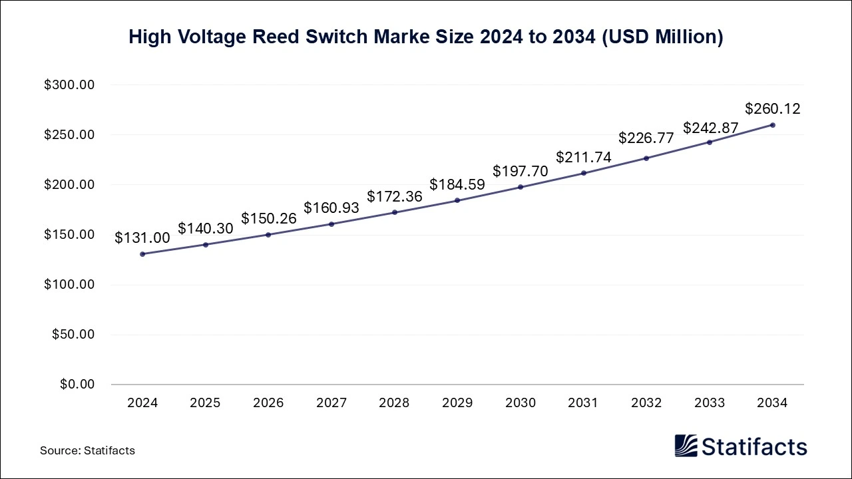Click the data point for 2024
[142, 254]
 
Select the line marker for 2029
[457, 200]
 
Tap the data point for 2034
[772, 125]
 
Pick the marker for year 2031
[584, 173]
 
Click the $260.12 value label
[772, 108]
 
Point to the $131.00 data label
[142, 238]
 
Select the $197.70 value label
[521, 171]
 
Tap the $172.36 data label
[395, 197]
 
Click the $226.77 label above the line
[646, 138]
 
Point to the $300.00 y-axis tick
[69, 85]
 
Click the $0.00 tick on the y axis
[78, 385]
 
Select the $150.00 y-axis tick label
[69, 235]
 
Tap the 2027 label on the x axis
[331, 403]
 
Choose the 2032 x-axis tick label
[646, 403]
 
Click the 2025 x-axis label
[206, 403]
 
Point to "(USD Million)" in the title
[662, 37]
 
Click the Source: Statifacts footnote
[87, 450]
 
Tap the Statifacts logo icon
[686, 446]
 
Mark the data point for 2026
[268, 235]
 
